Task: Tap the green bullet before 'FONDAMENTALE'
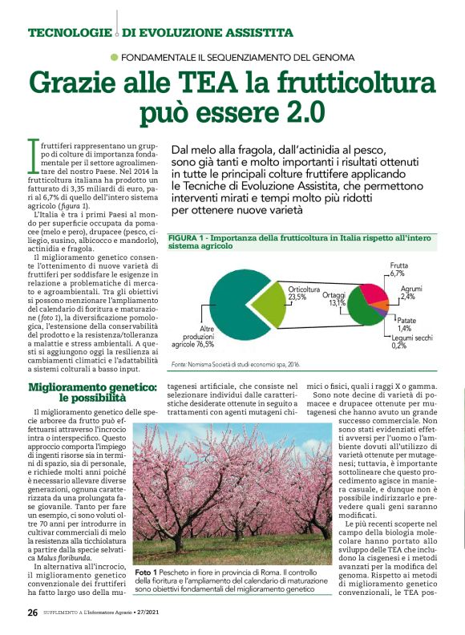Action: (x=115, y=57)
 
